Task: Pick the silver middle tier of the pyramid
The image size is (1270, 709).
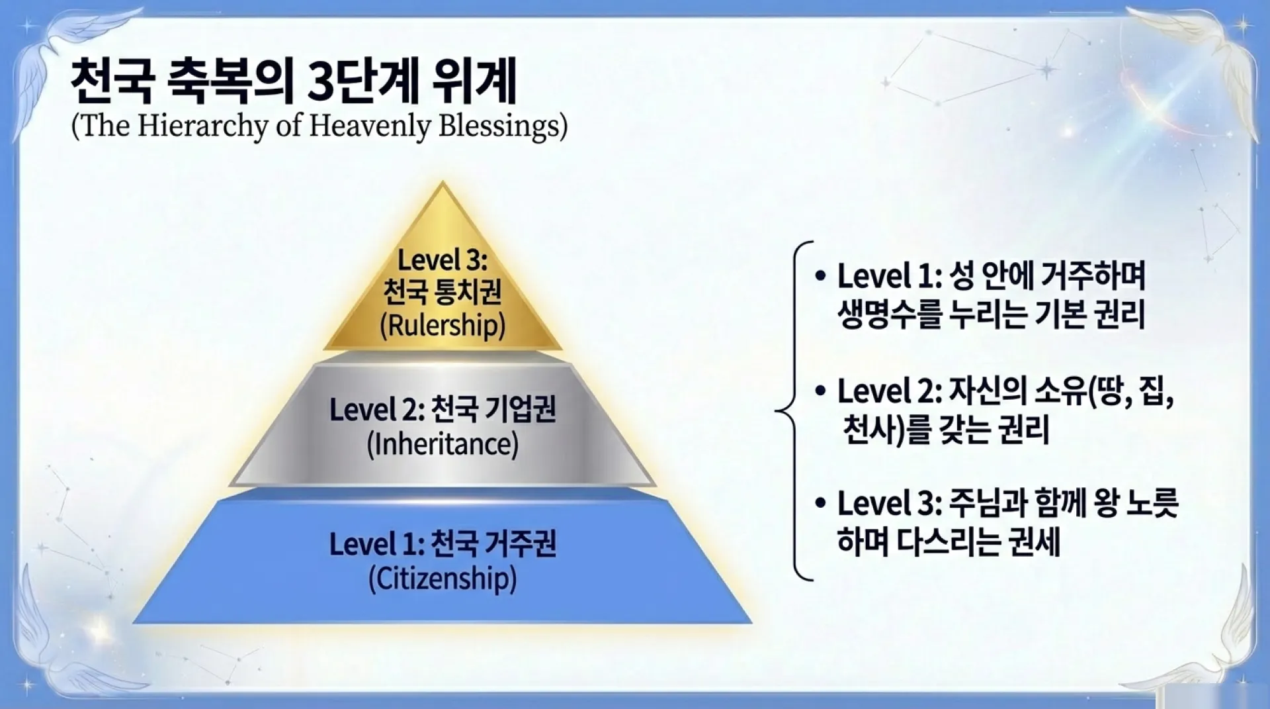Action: tap(443, 424)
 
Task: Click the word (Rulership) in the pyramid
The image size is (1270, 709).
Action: tap(443, 325)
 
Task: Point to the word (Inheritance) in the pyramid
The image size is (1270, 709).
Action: tap(443, 444)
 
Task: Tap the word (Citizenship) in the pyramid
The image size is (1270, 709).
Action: tap(443, 579)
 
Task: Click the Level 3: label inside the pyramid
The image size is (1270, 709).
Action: tap(442, 260)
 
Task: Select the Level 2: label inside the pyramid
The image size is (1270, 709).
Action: tap(376, 410)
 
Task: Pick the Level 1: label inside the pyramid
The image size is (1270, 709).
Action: tap(376, 545)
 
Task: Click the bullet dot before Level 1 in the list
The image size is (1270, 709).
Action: tap(821, 275)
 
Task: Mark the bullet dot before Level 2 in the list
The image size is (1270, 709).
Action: tap(821, 391)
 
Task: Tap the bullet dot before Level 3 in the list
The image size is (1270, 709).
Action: tap(821, 504)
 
